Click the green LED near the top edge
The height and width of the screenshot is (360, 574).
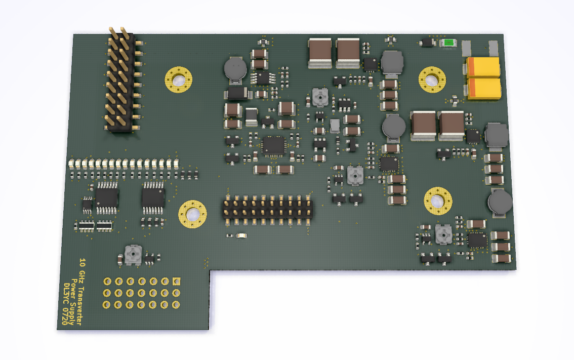point(448,43)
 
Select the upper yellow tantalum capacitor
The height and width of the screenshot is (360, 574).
point(483,67)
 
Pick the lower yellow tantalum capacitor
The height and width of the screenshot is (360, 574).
point(484,89)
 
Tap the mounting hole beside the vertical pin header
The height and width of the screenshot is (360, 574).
point(179,79)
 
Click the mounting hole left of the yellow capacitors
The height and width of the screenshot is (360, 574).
point(432,79)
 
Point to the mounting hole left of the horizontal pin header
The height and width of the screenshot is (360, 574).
point(192,214)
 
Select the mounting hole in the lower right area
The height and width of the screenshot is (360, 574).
point(438,201)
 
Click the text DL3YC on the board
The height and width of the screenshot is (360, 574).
point(67,294)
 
